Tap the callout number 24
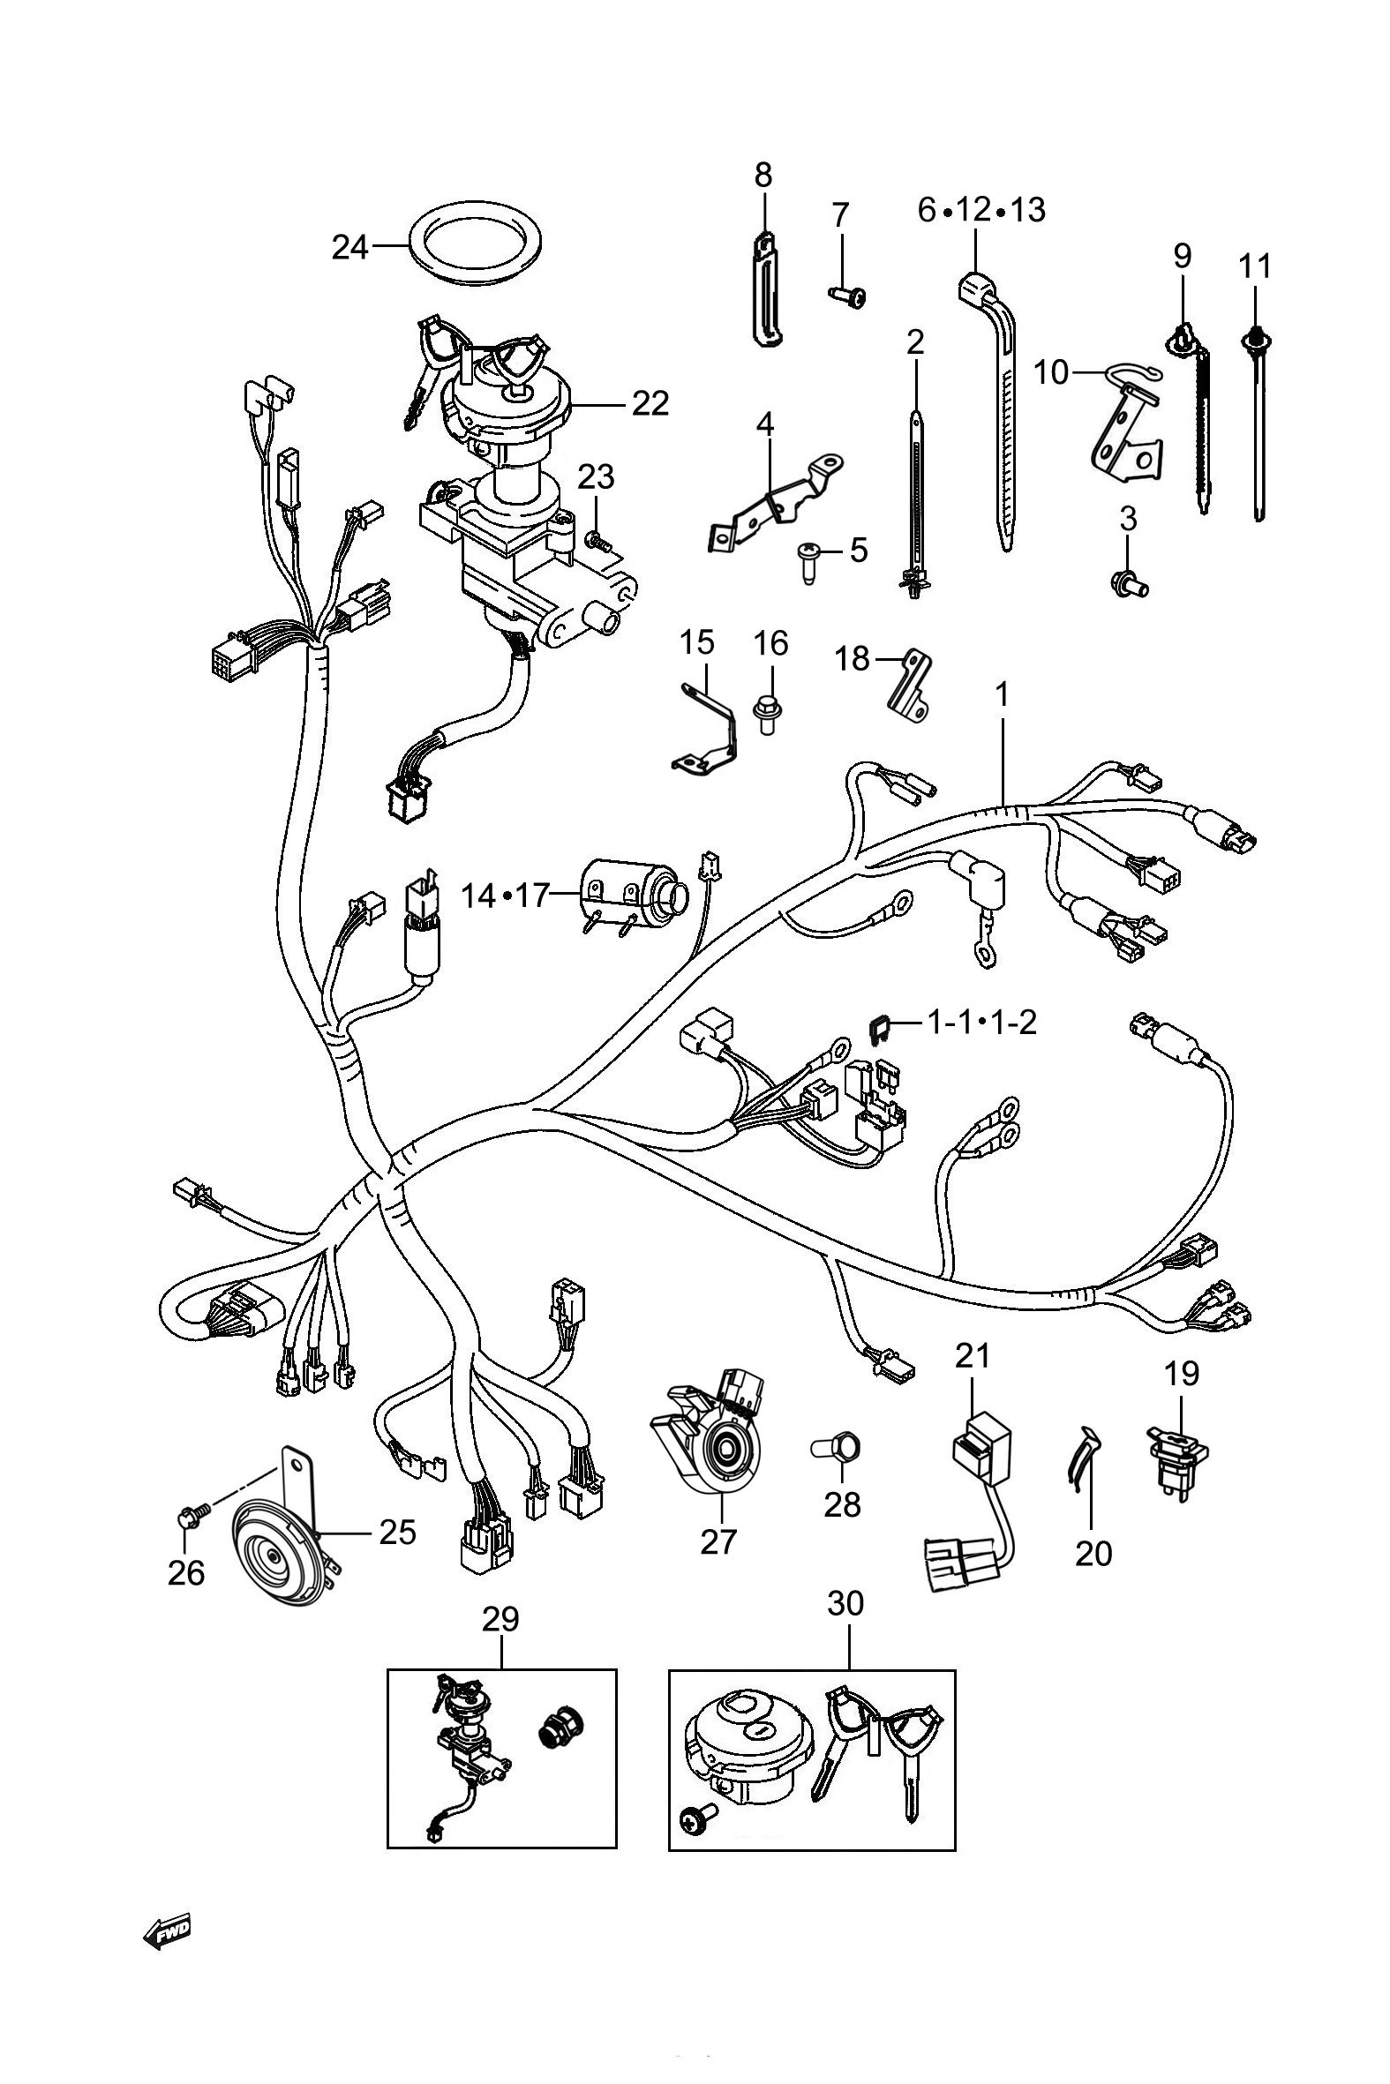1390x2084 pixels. (350, 247)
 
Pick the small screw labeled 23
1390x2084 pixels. (598, 539)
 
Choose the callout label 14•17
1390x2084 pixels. (507, 896)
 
